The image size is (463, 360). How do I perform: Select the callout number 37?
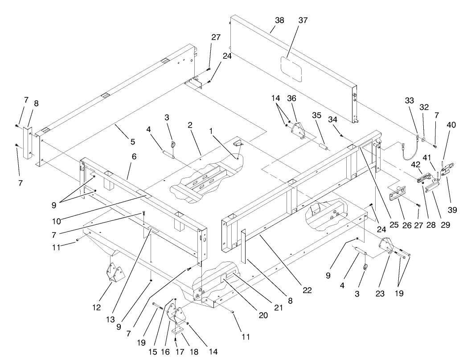[x=303, y=21]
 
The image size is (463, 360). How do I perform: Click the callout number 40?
[x=451, y=125]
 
